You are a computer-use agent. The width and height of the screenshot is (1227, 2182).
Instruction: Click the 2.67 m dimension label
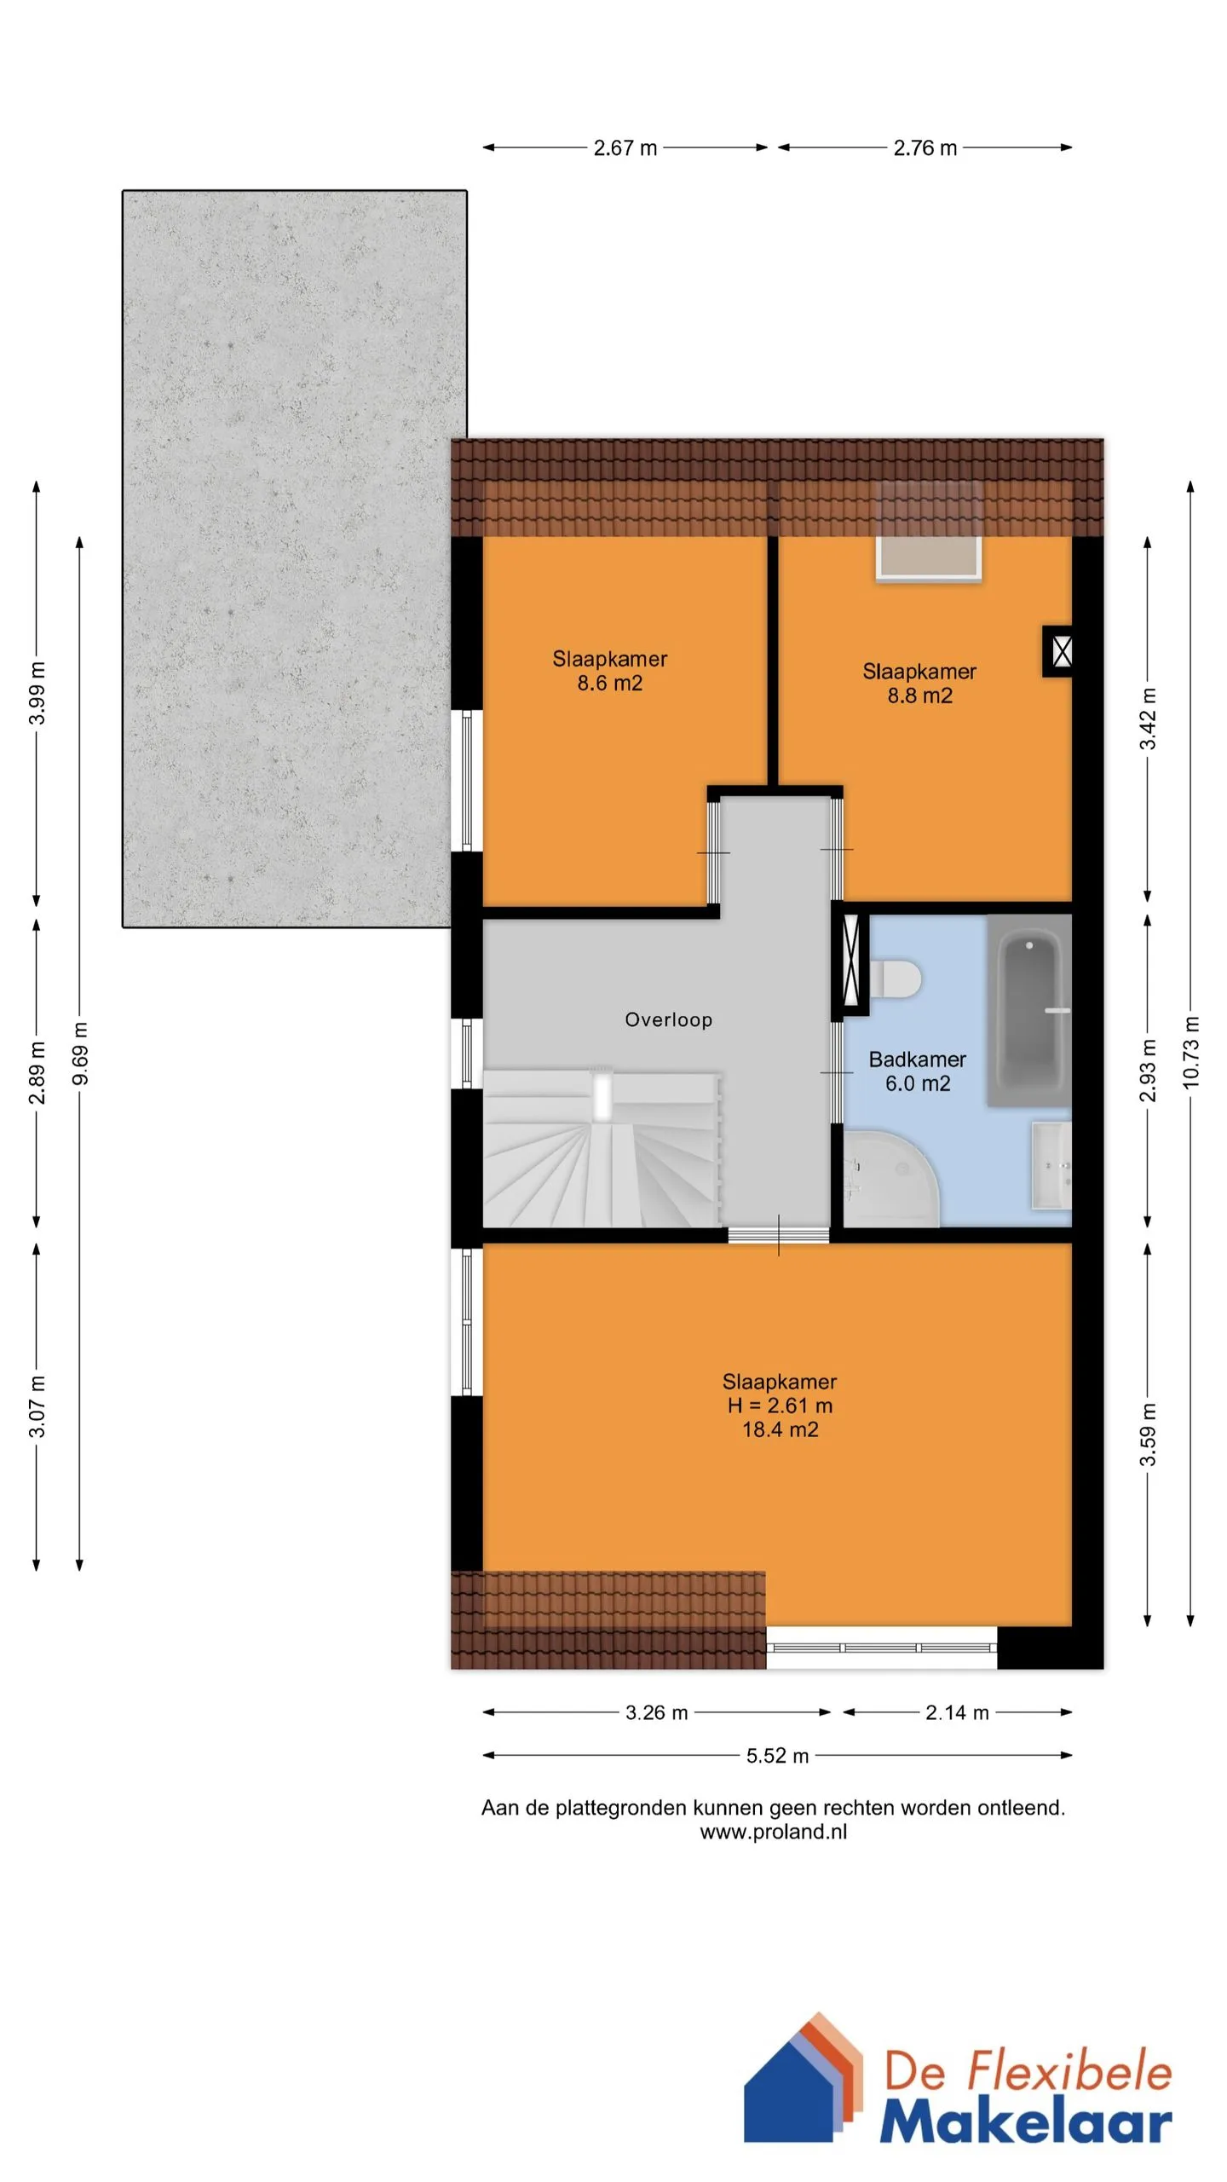[625, 147]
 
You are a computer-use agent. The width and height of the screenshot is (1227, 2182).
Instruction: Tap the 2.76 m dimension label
[925, 147]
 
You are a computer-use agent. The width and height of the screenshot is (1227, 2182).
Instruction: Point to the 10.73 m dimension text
[1191, 1052]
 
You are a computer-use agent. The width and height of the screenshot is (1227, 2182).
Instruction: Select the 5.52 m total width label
[777, 1756]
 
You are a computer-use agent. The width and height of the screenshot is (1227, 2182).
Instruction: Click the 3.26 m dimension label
[656, 1713]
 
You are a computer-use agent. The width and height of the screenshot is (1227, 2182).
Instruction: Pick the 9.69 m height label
[80, 1053]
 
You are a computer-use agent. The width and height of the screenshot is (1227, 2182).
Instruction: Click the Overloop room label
[668, 1019]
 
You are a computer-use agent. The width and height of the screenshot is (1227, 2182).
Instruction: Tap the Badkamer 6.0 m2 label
[918, 1071]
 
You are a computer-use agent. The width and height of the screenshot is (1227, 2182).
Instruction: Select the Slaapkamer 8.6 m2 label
[610, 671]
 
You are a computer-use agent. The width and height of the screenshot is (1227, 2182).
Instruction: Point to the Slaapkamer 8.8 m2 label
[919, 684]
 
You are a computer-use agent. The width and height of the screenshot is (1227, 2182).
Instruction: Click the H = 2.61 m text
[780, 1406]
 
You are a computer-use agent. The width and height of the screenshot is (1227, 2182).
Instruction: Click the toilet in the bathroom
[895, 978]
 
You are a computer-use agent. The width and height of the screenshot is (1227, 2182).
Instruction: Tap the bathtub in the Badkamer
[1029, 1011]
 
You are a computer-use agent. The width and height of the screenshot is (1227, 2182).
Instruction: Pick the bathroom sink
[1051, 1165]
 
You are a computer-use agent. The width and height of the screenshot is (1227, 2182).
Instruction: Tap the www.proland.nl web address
[774, 1832]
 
